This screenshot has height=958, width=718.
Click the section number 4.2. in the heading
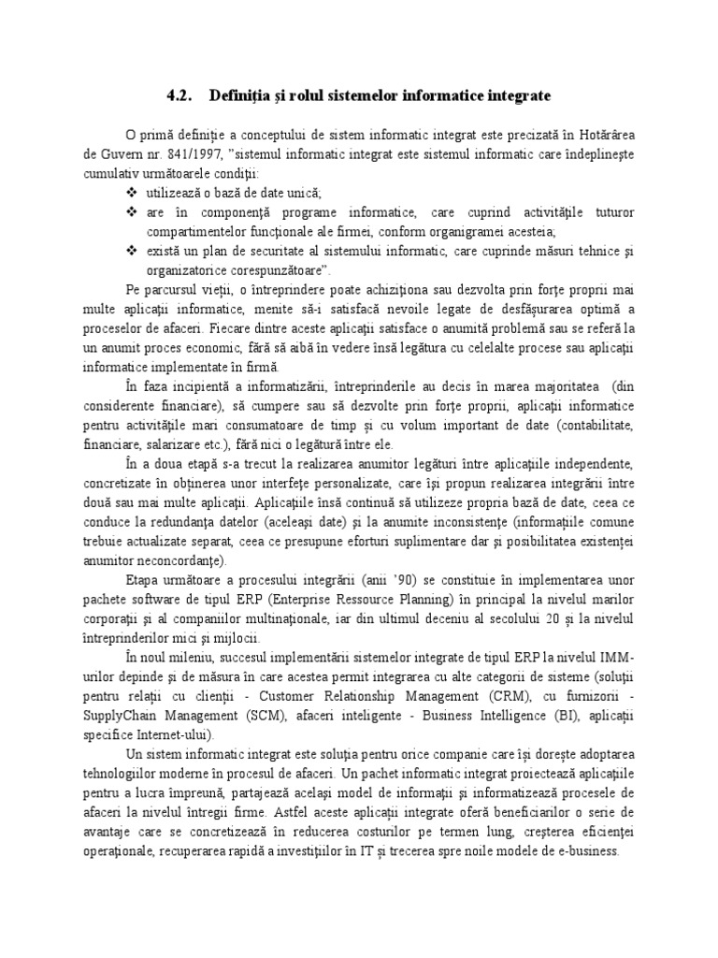[x=178, y=95]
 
